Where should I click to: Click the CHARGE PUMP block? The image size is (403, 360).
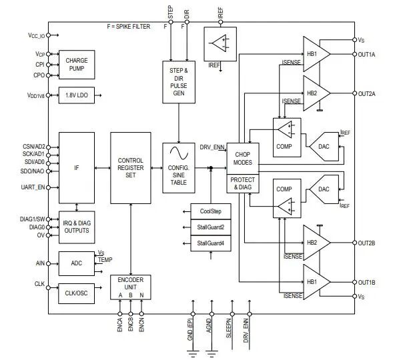tap(77, 65)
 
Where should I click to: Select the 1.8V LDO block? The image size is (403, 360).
tap(77, 95)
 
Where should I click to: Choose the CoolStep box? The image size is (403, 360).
tap(210, 211)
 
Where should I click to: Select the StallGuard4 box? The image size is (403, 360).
tap(210, 244)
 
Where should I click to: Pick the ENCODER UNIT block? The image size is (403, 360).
tap(130, 287)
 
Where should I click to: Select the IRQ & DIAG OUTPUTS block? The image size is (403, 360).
tap(77, 226)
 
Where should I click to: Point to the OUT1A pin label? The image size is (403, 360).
tap(366, 55)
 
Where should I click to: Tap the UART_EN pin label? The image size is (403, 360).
tap(33, 187)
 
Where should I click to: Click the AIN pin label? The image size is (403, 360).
tap(39, 263)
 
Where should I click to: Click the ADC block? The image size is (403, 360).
tap(77, 263)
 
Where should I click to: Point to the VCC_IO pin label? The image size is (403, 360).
tap(36, 35)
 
